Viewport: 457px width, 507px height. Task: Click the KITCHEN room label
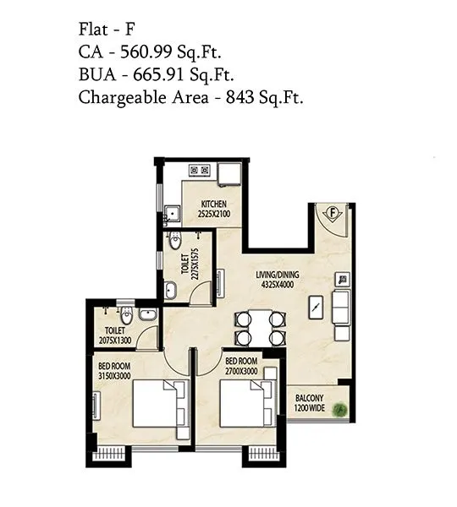pos(213,209)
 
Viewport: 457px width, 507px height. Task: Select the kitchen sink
pos(172,213)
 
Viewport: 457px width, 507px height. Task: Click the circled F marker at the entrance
pos(333,211)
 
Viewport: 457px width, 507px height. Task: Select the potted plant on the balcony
pos(340,409)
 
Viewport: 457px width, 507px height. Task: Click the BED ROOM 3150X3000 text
pos(115,368)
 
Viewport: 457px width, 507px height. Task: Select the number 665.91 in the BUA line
pos(157,74)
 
